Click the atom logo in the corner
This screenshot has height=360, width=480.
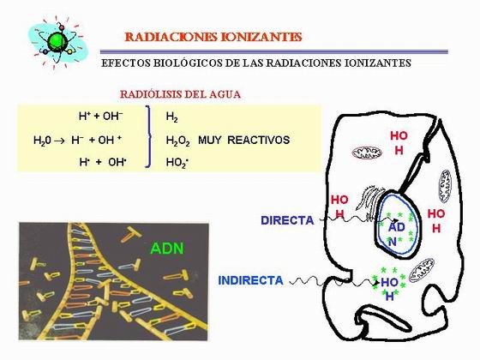58,42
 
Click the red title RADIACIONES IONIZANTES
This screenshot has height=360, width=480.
213,37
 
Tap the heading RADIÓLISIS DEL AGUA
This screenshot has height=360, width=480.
180,94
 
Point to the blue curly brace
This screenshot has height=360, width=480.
148,136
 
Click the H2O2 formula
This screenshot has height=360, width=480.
178,141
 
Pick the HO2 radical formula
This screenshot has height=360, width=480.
177,163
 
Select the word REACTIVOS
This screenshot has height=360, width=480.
258,140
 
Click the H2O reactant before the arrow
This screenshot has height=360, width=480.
42,141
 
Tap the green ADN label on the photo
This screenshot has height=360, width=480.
167,249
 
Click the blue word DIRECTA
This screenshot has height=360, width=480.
287,220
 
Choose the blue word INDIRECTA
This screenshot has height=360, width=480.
250,281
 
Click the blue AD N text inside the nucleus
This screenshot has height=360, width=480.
396,234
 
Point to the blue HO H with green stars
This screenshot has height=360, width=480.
389,289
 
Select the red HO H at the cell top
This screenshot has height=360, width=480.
399,142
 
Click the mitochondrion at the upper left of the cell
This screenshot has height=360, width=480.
367,153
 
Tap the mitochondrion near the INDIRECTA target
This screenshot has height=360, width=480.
421,269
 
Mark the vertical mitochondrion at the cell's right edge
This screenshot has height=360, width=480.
444,186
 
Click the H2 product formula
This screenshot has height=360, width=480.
171,117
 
